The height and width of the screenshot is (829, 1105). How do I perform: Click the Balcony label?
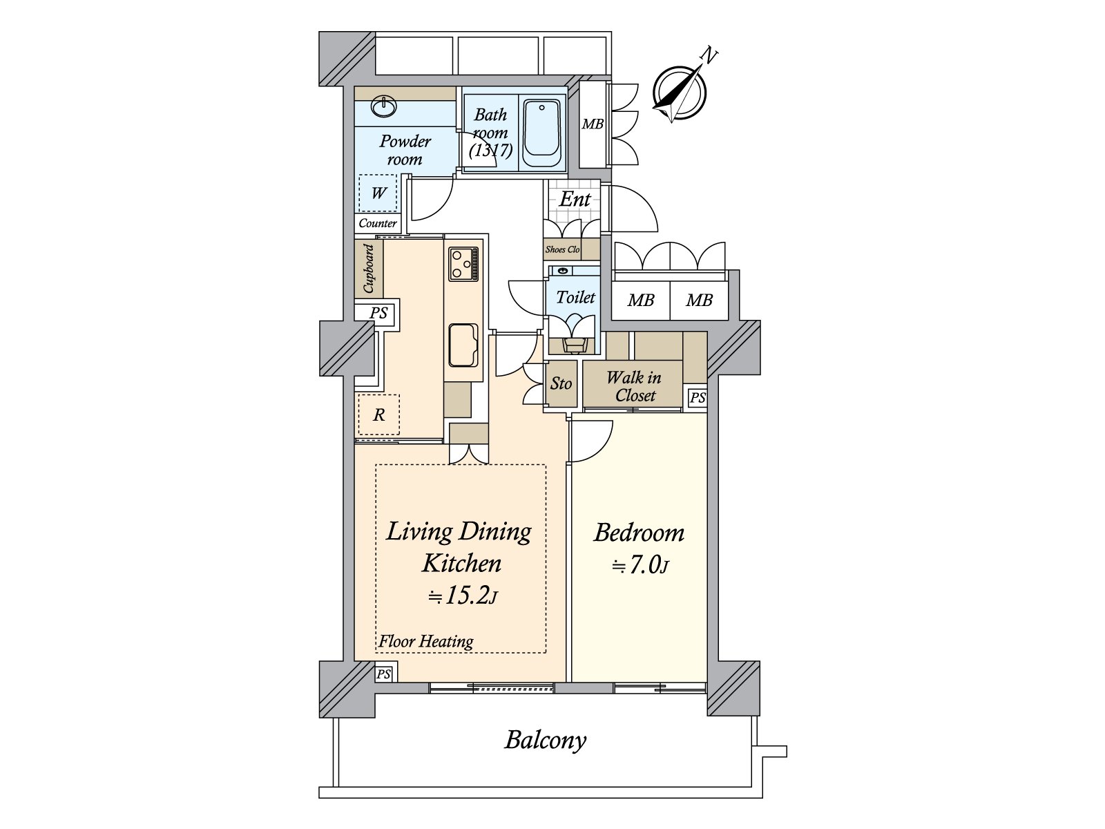546,741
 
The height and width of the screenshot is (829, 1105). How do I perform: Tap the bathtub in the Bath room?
541,133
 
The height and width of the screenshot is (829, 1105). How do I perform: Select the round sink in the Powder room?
383,106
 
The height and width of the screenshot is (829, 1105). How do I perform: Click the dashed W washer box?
378,193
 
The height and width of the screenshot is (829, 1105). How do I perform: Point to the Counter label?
378,223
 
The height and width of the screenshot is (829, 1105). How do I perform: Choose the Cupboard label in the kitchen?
369,268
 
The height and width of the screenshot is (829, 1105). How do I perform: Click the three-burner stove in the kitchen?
463,264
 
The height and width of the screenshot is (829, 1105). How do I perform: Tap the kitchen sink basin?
463,345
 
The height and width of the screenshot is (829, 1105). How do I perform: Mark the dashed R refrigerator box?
378,414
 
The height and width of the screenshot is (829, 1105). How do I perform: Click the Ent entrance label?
575,200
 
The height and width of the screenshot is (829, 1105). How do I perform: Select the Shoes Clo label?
562,249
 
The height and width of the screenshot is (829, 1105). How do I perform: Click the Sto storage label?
561,383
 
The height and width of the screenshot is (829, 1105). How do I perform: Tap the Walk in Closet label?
634,387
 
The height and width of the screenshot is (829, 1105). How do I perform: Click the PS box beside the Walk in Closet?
698,398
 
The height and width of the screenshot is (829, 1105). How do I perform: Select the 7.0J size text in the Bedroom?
641,565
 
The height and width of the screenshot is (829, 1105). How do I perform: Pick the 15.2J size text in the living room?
463,595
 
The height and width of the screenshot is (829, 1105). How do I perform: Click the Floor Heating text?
426,641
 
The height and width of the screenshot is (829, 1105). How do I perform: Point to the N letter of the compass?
709,55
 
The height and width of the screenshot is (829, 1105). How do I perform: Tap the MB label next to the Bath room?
593,124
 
